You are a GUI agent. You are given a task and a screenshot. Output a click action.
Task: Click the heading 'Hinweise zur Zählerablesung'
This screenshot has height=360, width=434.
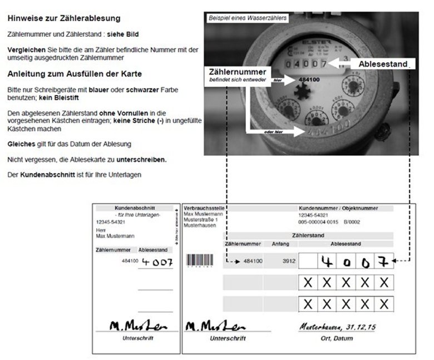[64, 19]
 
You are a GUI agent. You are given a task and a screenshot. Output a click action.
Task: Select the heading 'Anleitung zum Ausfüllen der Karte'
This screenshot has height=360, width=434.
[75, 74]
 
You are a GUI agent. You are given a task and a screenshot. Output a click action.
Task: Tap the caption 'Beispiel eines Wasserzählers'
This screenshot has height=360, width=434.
[247, 18]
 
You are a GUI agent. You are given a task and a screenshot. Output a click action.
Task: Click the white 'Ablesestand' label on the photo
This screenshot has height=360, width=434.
[383, 64]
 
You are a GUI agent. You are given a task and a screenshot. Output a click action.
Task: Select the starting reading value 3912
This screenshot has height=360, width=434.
[289, 260]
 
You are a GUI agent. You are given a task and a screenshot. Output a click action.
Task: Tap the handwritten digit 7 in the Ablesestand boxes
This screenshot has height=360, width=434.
[383, 260]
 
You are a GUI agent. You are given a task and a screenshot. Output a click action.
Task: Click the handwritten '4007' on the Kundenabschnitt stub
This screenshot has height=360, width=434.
[157, 262]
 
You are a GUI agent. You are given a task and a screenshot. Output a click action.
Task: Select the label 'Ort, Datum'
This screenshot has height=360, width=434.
[338, 338]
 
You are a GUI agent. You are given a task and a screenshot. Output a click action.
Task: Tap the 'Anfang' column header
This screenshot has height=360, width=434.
[280, 244]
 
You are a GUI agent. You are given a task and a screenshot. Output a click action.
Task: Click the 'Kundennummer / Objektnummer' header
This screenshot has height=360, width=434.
[338, 208]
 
